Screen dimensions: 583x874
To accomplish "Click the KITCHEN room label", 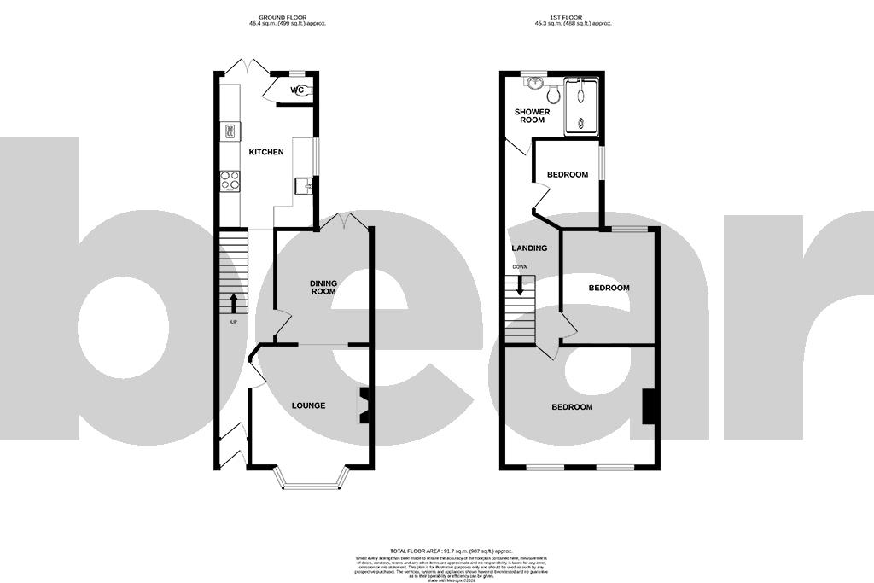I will coord(266,152).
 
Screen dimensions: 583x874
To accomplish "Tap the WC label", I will coord(296,90).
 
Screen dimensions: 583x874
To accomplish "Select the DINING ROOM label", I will coord(323,288).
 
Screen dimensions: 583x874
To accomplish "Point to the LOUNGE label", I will coord(308,405).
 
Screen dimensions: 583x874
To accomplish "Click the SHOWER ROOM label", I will coord(531,116).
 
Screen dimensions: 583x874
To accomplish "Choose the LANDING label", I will coord(528,248).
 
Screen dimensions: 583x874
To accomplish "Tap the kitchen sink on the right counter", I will coord(304,185).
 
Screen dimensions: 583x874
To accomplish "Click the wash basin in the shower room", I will coord(535,83).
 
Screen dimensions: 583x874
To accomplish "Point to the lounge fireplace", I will coord(364,405).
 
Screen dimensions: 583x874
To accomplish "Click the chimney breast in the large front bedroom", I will coord(649,405).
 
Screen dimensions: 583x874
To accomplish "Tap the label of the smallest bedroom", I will coord(568,175).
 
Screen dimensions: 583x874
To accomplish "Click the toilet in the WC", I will coord(306,90).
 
